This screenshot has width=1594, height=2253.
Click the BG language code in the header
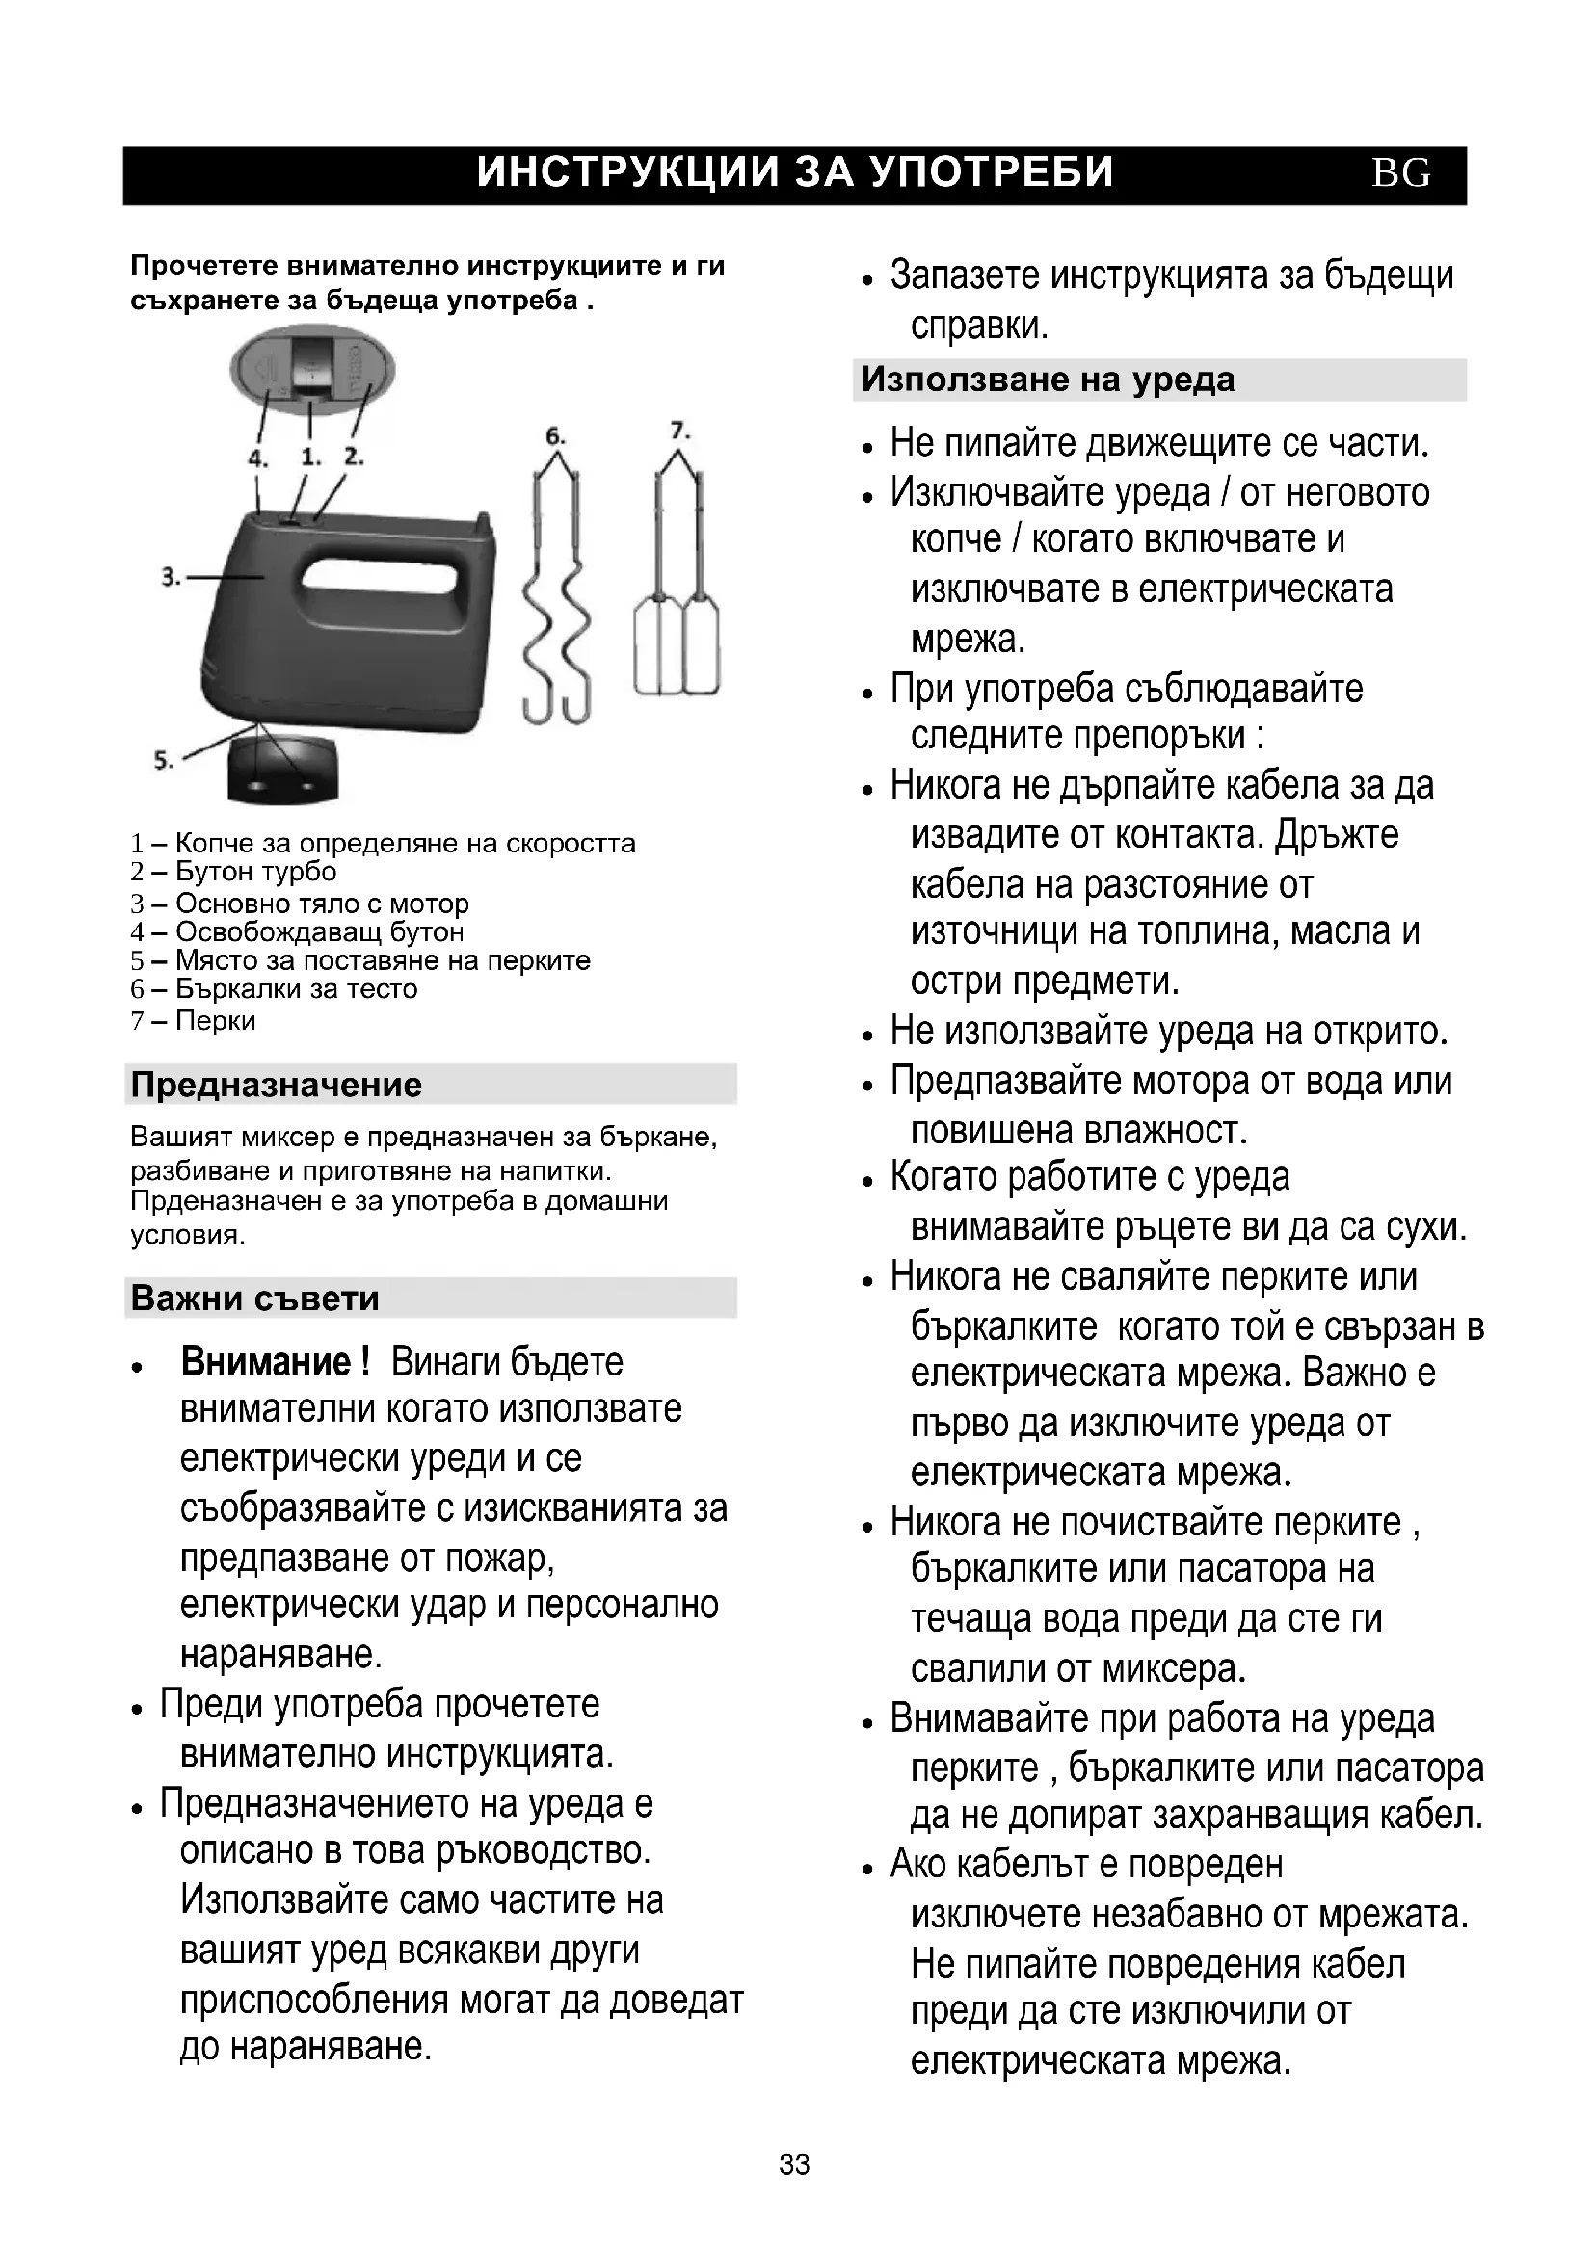(1400, 173)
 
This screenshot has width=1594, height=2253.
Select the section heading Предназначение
(276, 1085)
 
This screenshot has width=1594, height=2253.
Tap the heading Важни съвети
(254, 1298)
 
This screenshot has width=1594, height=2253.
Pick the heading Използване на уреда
(1048, 380)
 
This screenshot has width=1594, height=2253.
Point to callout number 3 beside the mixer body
(171, 577)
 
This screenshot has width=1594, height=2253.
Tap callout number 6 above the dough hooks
(554, 435)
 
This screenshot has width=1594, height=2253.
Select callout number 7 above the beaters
(679, 430)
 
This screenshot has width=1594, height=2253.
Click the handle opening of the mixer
(377, 589)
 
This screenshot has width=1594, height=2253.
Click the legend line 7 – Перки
(193, 1020)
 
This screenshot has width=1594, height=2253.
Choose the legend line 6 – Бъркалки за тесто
(274, 988)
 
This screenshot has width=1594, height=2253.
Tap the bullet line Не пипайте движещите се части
(1158, 443)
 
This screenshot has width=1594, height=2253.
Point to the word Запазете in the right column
(965, 275)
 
